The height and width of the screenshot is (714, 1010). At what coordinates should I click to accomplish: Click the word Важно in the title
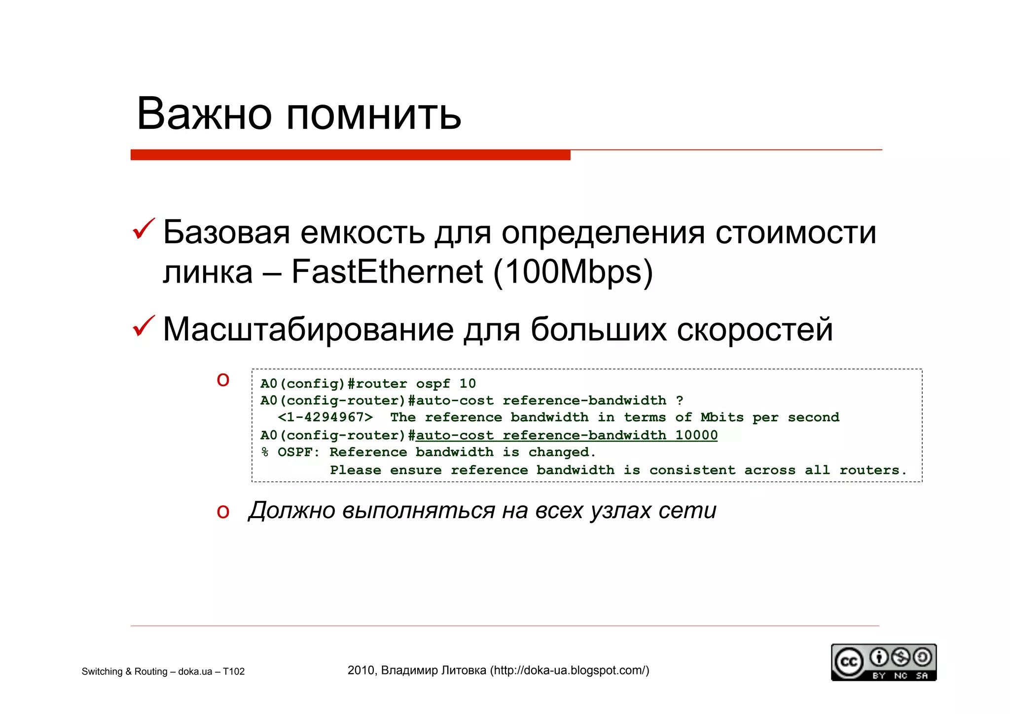pyautogui.click(x=204, y=114)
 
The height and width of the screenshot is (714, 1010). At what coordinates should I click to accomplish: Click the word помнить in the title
pyautogui.click(x=373, y=115)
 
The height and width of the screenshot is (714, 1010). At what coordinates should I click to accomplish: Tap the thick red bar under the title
pyautogui.click(x=350, y=155)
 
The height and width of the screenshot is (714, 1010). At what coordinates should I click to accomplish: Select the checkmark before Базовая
pyautogui.click(x=144, y=229)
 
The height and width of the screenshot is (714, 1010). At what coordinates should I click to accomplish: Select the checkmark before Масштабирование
pyautogui.click(x=144, y=327)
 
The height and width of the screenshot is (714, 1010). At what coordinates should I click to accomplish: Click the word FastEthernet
pyautogui.click(x=387, y=271)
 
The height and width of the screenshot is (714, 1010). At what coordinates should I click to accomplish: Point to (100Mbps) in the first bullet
pyautogui.click(x=573, y=272)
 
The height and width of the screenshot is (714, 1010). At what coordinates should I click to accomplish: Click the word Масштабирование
pyautogui.click(x=308, y=329)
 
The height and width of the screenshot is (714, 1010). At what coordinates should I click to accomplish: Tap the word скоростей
pyautogui.click(x=755, y=330)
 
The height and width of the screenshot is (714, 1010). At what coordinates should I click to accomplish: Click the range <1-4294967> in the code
pyautogui.click(x=325, y=417)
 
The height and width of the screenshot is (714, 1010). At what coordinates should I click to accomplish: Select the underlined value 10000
pyautogui.click(x=696, y=435)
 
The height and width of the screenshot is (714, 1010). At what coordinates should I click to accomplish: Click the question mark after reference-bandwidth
pyautogui.click(x=680, y=400)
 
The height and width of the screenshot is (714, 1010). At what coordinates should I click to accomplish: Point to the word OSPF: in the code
pyautogui.click(x=299, y=452)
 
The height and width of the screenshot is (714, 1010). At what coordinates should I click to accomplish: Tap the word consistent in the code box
pyautogui.click(x=692, y=470)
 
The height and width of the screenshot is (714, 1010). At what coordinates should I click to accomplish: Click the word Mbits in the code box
pyautogui.click(x=722, y=417)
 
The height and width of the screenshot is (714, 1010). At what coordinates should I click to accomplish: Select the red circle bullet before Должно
pyautogui.click(x=223, y=511)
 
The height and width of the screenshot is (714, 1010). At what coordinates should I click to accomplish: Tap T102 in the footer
pyautogui.click(x=234, y=672)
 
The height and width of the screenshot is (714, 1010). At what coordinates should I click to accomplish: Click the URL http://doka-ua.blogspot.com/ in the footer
pyautogui.click(x=570, y=670)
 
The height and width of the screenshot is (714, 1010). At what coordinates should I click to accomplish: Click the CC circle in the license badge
pyautogui.click(x=848, y=662)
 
